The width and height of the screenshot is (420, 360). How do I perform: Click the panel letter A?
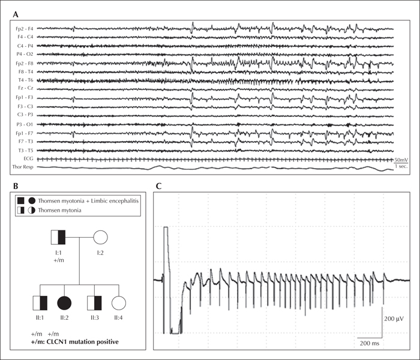tap(16, 14)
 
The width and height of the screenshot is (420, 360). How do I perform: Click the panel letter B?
tap(16, 185)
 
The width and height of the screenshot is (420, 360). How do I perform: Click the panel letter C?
tap(158, 185)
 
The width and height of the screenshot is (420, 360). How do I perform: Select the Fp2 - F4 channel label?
tap(24, 29)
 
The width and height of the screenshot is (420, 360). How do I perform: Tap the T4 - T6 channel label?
tap(25, 80)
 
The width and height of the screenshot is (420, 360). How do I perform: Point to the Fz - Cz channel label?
tap(26, 88)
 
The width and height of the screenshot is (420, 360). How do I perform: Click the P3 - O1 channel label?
tap(25, 124)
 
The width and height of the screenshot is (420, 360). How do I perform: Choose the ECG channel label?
tap(28, 158)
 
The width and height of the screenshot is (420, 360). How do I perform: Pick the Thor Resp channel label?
tap(23, 167)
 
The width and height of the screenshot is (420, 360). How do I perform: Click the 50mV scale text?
tap(401, 160)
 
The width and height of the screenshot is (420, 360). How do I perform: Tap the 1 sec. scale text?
tap(401, 166)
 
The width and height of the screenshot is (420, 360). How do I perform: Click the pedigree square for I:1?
tap(58, 237)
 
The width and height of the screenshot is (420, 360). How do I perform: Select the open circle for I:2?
tap(100, 237)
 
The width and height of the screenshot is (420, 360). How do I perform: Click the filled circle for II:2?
tap(64, 303)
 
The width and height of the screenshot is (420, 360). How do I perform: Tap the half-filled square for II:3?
tap(94, 303)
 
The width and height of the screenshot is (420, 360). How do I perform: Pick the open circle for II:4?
tap(119, 303)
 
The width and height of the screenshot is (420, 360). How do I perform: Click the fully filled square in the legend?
tap(20, 200)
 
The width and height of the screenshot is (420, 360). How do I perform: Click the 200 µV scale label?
tap(394, 319)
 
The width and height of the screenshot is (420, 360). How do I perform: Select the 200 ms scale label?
tap(370, 343)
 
